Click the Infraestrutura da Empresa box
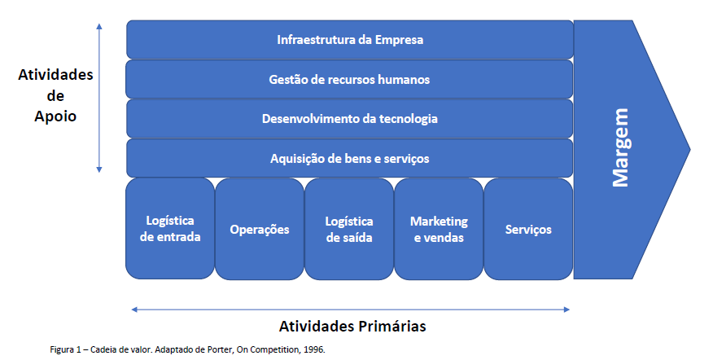350,40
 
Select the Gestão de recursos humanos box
349,79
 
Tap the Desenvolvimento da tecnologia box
349,119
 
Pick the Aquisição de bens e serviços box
349,158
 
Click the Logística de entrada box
170,229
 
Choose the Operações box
259,229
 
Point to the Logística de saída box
349,229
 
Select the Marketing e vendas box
439,229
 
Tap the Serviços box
528,229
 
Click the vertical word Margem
621,147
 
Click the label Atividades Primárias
352,327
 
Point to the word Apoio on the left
55,117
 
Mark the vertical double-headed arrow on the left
99,99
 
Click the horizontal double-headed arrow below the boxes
350,310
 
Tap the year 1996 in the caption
314,350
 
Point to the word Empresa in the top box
399,40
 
